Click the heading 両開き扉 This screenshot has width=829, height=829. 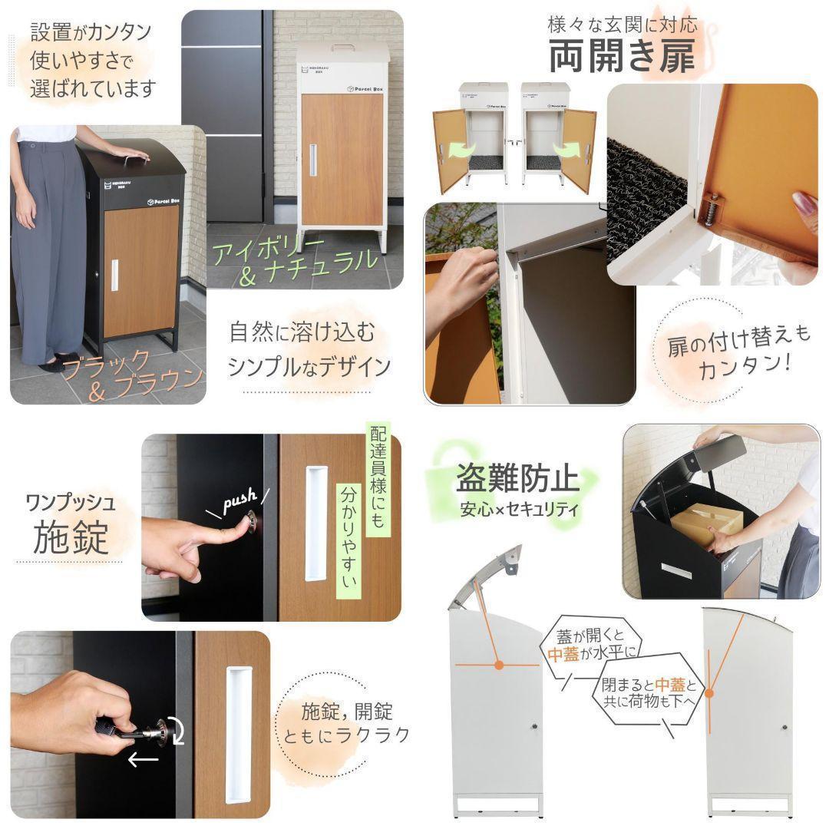pyautogui.click(x=623, y=56)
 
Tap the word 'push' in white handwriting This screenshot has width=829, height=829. pyautogui.click(x=239, y=503)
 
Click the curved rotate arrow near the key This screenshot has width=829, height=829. pyautogui.click(x=177, y=730)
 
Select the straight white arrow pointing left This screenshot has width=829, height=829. pyautogui.click(x=143, y=760)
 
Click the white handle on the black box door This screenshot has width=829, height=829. pyautogui.click(x=114, y=276)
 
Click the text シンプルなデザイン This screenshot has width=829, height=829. pyautogui.click(x=309, y=366)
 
